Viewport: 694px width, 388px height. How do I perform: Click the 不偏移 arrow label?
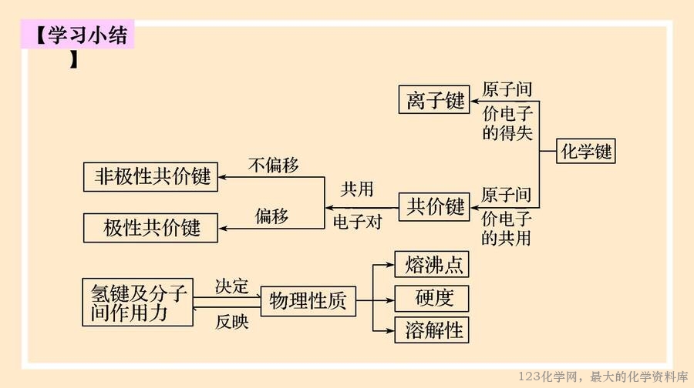pyautogui.click(x=274, y=165)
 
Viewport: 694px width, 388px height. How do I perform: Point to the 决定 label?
pyautogui.click(x=231, y=286)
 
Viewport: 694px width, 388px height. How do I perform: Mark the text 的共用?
pyautogui.click(x=507, y=239)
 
